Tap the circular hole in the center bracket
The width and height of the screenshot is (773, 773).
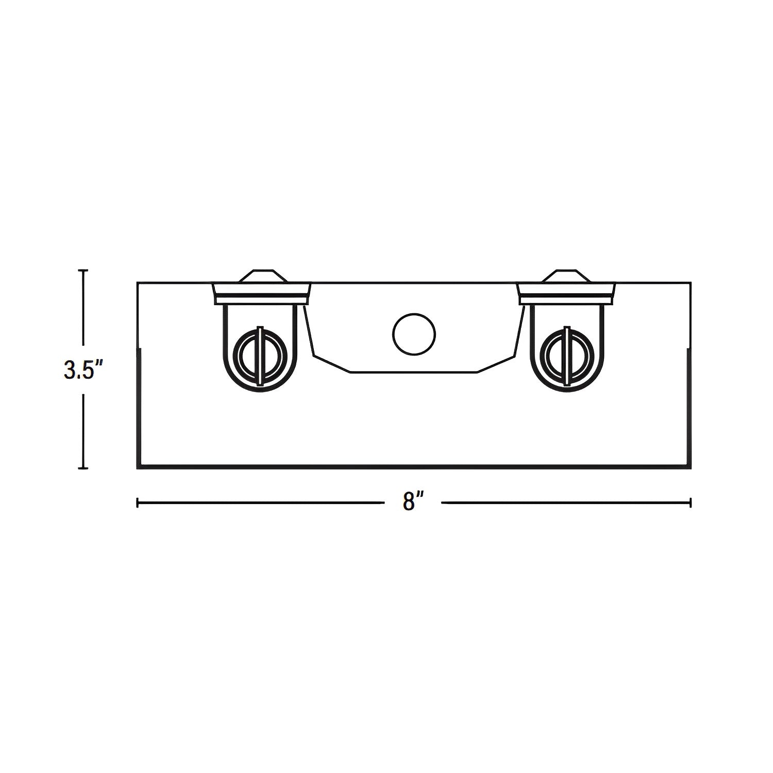point(414,334)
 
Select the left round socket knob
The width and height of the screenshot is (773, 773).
point(260,356)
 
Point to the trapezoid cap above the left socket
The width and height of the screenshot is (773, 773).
point(262,276)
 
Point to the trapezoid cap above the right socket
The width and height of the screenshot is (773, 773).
point(566,276)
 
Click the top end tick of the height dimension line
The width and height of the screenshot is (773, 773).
point(82,270)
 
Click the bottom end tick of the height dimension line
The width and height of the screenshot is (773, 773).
point(82,468)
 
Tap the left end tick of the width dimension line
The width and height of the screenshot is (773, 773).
point(137,502)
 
